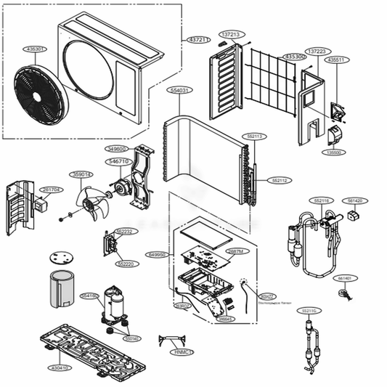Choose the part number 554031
[x=179, y=90]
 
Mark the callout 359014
[x=81, y=174]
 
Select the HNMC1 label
[x=183, y=352]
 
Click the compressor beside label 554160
[x=115, y=304]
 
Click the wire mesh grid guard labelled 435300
[x=272, y=76]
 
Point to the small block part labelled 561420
[x=355, y=216]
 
